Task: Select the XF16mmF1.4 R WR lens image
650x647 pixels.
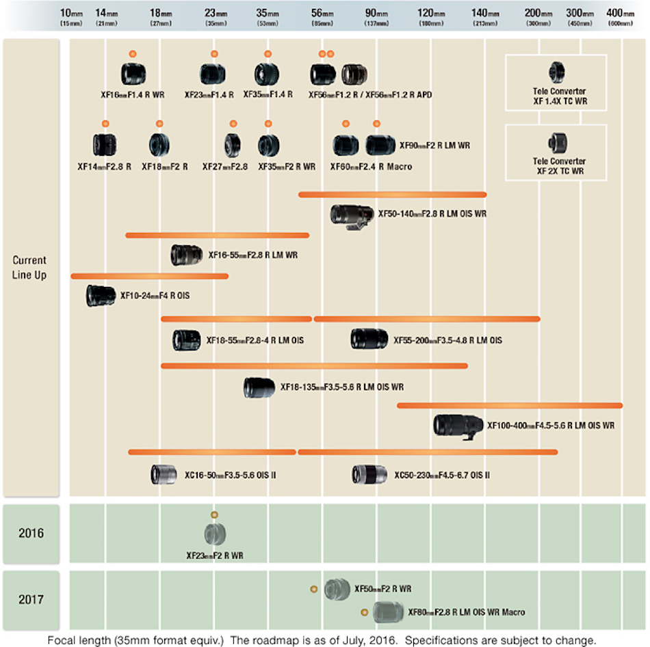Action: (x=132, y=74)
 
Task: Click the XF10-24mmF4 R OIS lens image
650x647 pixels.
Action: (x=101, y=296)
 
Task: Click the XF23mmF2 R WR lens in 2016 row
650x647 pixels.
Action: (x=215, y=534)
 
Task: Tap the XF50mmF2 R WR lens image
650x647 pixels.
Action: (x=337, y=589)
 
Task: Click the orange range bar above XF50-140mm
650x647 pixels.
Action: (x=392, y=195)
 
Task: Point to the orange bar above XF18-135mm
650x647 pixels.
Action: (x=314, y=366)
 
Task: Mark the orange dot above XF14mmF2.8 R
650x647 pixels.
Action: (x=105, y=123)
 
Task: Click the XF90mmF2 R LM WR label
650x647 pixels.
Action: (x=434, y=145)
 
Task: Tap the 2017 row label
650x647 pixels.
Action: (x=31, y=600)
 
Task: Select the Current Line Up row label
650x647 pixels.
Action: (x=30, y=266)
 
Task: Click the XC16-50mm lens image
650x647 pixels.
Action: (x=164, y=474)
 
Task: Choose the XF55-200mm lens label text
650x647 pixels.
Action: (x=447, y=340)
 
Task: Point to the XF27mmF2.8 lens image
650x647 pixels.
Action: (x=232, y=145)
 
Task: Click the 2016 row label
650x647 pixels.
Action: (x=31, y=533)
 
